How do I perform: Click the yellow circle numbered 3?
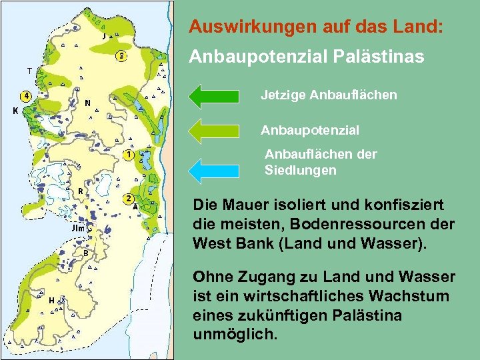(x=121, y=56)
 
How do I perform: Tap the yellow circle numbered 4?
(x=26, y=95)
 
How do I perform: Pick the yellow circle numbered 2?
(x=128, y=199)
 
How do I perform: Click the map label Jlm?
(x=77, y=228)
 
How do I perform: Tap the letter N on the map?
(x=88, y=103)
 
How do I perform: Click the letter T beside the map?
(x=29, y=70)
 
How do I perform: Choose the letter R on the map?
(x=80, y=191)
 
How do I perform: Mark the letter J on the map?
(x=104, y=36)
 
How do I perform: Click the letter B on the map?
(x=85, y=253)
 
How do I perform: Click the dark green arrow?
(x=213, y=95)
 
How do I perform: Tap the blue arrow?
(x=213, y=169)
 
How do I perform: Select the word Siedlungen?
(x=301, y=170)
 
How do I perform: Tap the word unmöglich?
(x=233, y=333)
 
